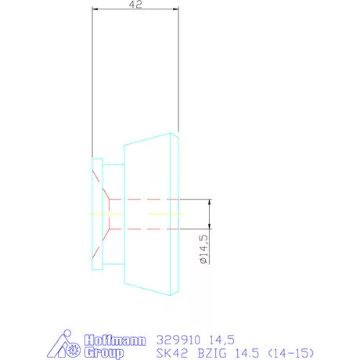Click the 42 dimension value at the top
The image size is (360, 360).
point(135,5)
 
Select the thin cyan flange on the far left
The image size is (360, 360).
point(96,213)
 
